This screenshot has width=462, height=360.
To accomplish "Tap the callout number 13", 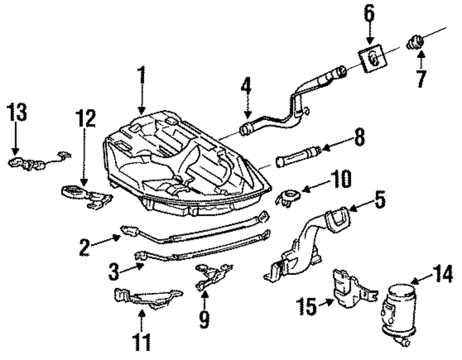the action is coord(17,112).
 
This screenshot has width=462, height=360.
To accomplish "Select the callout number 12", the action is coord(86,119).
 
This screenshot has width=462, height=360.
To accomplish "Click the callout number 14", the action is coord(442,274).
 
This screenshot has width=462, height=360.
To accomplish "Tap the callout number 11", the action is coord(141,342).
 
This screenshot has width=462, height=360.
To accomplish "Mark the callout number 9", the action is coord(204,319).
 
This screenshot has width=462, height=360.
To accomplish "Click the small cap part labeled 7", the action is coord(415,42).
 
